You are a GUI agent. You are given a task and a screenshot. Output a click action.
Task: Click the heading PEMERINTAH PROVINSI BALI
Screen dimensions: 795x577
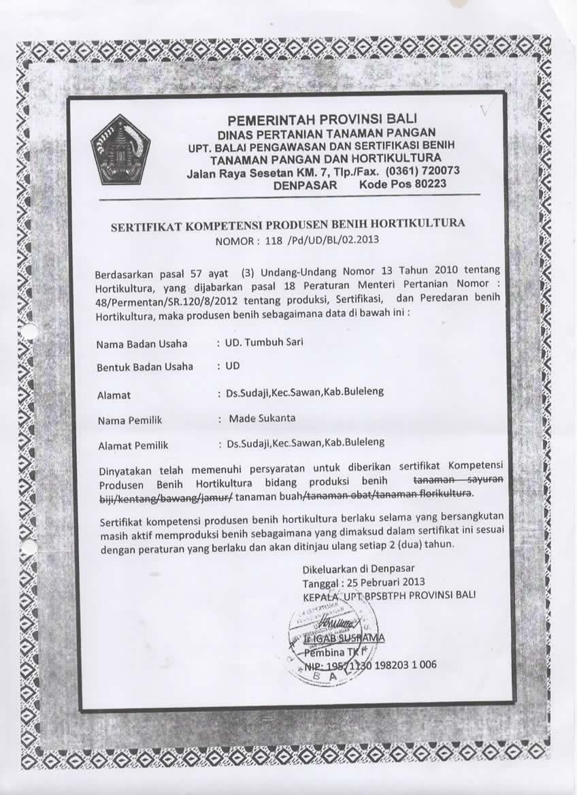(x=322, y=120)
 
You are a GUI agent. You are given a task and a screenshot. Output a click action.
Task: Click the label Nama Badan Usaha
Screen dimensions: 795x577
(x=142, y=344)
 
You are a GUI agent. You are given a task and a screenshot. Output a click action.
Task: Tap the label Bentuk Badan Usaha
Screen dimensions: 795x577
(x=145, y=367)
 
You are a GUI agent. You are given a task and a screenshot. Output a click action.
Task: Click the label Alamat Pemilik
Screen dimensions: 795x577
(x=133, y=446)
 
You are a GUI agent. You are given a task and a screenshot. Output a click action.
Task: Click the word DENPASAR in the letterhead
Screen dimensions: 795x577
(x=304, y=184)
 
